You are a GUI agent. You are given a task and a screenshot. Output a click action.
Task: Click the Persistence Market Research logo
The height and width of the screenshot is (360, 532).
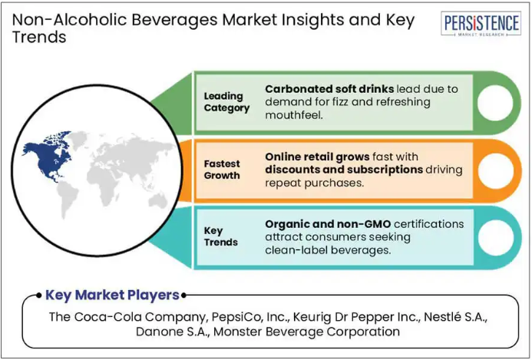point(481,24)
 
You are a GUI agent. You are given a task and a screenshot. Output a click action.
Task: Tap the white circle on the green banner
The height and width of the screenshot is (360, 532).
point(495,102)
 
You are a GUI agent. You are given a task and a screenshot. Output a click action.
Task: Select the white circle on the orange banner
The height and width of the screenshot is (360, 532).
point(496,171)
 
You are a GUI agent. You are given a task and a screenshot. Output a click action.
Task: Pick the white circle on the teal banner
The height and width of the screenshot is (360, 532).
point(496,238)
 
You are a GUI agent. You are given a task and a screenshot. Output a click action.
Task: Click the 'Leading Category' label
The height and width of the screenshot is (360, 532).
point(226,102)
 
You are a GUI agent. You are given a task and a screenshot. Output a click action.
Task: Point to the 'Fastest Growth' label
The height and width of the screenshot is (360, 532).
point(222,170)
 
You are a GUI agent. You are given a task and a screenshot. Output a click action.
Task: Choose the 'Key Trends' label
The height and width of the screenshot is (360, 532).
point(220,236)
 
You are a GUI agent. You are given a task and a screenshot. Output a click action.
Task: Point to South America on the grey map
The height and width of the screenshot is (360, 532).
point(68,200)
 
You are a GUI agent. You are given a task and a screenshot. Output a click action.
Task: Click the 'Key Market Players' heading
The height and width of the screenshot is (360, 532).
point(112,295)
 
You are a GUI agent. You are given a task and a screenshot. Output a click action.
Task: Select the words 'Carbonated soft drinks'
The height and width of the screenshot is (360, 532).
point(329,89)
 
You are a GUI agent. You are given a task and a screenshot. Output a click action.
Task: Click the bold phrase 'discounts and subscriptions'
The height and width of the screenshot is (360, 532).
point(344,170)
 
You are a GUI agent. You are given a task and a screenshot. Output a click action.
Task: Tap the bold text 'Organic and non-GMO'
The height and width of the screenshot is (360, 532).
point(328,224)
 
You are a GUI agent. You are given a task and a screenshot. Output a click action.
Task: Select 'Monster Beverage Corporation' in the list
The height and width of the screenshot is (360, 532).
point(307,331)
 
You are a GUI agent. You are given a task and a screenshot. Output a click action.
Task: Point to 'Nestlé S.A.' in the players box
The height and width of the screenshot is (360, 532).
point(456,317)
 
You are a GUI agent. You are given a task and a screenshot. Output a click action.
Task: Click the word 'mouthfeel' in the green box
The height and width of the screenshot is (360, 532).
point(292,115)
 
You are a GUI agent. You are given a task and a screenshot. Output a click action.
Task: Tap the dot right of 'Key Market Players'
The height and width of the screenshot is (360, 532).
point(183,296)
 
